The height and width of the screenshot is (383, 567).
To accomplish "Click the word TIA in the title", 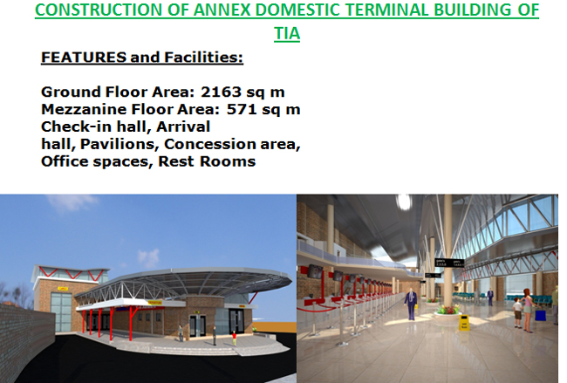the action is pyautogui.click(x=287, y=34).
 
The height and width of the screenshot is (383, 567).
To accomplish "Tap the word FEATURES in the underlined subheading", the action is pyautogui.click(x=84, y=57).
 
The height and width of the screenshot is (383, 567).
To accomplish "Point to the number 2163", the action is pyautogui.click(x=221, y=92).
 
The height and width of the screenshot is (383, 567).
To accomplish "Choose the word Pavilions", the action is pyautogui.click(x=120, y=144).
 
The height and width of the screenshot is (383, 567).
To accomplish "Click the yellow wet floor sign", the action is pyautogui.click(x=464, y=322).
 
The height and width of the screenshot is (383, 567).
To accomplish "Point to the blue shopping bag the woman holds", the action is pyautogui.click(x=540, y=314).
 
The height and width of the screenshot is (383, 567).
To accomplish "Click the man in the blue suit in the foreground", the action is pyautogui.click(x=411, y=304).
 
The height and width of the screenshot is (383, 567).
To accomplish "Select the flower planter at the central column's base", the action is pyautogui.click(x=448, y=311).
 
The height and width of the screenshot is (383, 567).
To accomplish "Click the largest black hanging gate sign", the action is pyautogui.click(x=449, y=263).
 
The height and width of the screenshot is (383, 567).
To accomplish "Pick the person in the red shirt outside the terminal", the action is pyautogui.click(x=235, y=338).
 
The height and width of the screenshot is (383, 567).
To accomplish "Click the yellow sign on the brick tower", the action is pyautogui.click(x=63, y=288).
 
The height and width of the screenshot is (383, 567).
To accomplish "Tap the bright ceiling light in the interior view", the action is pyautogui.click(x=404, y=201).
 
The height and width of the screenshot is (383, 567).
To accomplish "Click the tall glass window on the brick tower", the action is pyautogui.click(x=61, y=311).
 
